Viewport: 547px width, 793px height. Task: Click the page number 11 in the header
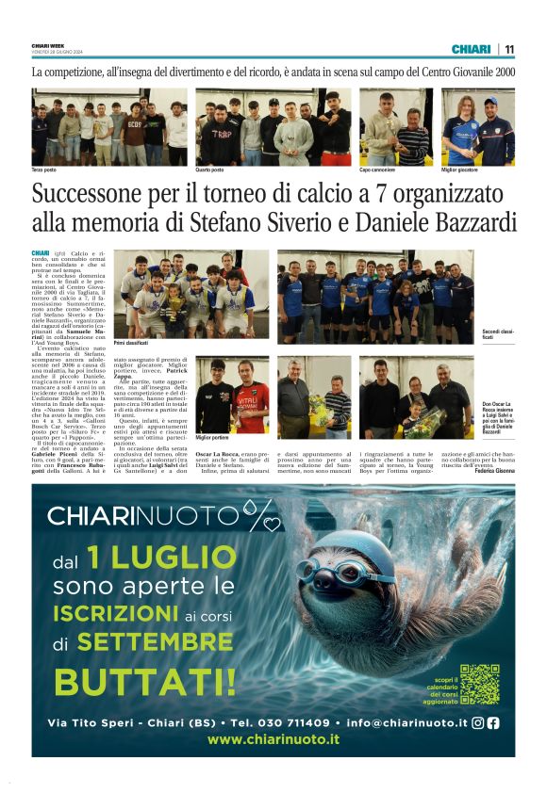[x=509, y=49]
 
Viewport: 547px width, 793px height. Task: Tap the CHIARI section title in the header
[x=471, y=49]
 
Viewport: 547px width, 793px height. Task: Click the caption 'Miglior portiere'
[x=214, y=438]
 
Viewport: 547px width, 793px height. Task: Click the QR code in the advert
[x=479, y=684]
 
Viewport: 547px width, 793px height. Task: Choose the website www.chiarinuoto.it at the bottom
[x=273, y=740]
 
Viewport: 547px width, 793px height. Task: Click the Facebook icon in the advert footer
[x=492, y=723]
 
